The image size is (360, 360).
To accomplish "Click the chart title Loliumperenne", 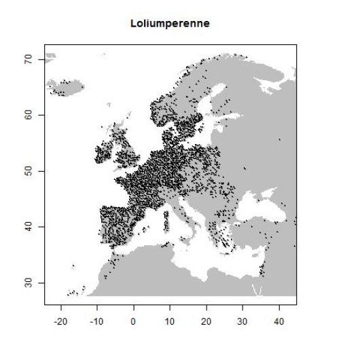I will (170, 24).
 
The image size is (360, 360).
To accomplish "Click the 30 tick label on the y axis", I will (31, 283).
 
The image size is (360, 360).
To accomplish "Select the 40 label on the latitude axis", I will (31, 227).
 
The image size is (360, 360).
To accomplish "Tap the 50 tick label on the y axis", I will (31, 171).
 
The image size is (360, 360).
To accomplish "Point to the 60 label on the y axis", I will (31, 115).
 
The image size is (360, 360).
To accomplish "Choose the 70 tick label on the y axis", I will (31, 60).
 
